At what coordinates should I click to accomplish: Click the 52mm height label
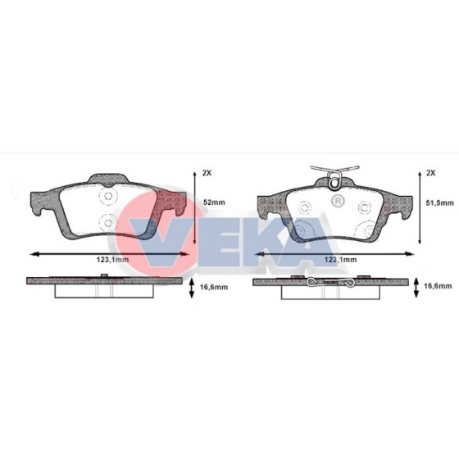pyautogui.click(x=214, y=202)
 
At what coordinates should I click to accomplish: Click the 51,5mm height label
pyautogui.click(x=440, y=202)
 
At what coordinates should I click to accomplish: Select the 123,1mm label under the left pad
pyautogui.click(x=112, y=259)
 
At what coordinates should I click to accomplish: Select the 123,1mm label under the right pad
pyautogui.click(x=340, y=260)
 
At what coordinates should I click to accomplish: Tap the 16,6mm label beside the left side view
pyautogui.click(x=214, y=287)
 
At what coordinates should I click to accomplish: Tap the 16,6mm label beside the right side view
pyautogui.click(x=438, y=286)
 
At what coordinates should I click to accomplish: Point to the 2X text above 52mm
pyautogui.click(x=207, y=173)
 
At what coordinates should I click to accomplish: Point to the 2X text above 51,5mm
pyautogui.click(x=430, y=173)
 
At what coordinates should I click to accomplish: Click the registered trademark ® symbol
pyautogui.click(x=338, y=201)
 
